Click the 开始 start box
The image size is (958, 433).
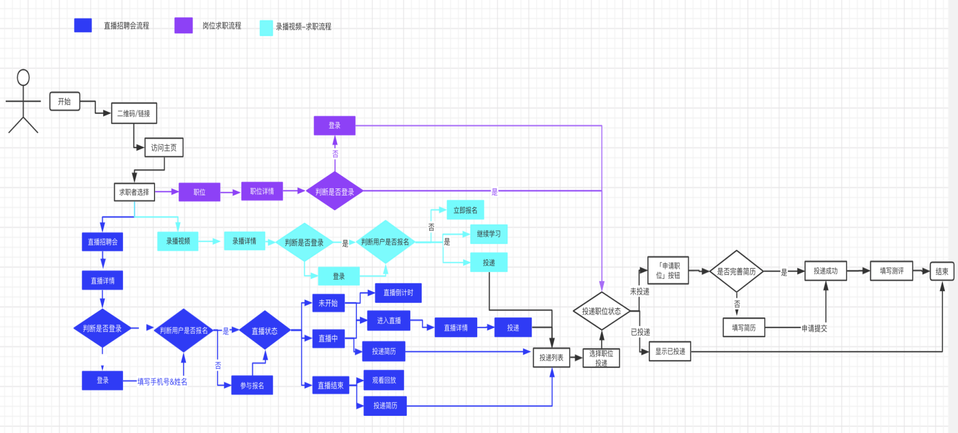click(x=65, y=101)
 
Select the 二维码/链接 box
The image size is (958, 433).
click(x=133, y=113)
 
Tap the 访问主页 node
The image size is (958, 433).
click(x=164, y=148)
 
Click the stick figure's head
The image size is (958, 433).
click(x=23, y=77)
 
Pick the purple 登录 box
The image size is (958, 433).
click(x=334, y=125)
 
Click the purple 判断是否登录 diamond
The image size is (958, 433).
click(x=335, y=191)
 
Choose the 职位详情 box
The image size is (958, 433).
click(x=262, y=191)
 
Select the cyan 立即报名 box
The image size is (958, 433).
click(x=465, y=210)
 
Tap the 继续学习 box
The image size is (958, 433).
click(x=489, y=234)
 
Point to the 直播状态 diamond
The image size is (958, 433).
click(x=264, y=330)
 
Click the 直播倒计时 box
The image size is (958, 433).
click(x=398, y=293)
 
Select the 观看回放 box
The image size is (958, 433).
click(x=384, y=380)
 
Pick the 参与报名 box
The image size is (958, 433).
click(x=252, y=385)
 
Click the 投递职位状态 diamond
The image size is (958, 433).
click(x=601, y=311)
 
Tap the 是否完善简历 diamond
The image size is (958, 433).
click(x=737, y=271)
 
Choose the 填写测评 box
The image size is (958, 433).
click(x=892, y=271)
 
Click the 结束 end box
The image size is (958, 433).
click(x=941, y=271)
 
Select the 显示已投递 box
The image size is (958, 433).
click(x=670, y=352)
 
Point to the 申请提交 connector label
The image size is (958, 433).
click(x=814, y=328)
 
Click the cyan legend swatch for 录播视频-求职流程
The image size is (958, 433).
click(x=266, y=28)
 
